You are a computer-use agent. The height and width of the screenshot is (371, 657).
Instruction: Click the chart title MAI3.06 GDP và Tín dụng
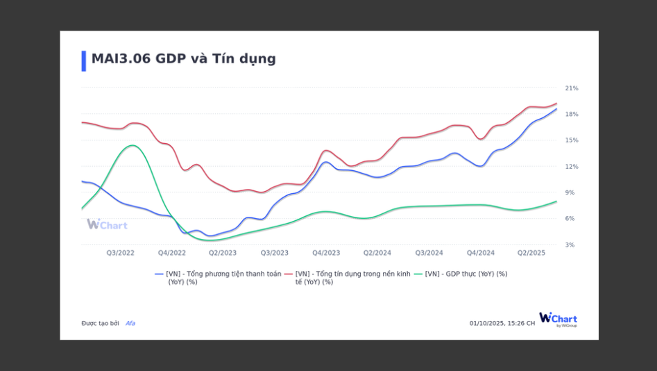pyautogui.click(x=183, y=59)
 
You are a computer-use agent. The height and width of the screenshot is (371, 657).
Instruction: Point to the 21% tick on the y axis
pyautogui.click(x=572, y=88)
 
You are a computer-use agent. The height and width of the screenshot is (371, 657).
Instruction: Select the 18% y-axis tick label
pyautogui.click(x=572, y=114)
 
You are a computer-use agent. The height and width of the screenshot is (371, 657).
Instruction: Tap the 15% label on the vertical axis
pyautogui.click(x=572, y=140)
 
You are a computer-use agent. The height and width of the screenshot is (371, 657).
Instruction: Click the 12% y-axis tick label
pyautogui.click(x=572, y=167)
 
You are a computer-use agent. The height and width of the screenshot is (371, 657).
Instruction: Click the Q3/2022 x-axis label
pyautogui.click(x=120, y=253)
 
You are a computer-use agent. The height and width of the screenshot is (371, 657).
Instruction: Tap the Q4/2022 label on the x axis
pyautogui.click(x=172, y=253)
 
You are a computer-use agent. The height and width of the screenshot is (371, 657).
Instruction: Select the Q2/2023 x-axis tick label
pyautogui.click(x=223, y=253)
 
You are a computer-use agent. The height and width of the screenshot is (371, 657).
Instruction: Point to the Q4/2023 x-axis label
pyautogui.click(x=326, y=253)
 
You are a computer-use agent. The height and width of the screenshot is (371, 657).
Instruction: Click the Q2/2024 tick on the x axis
pyautogui.click(x=377, y=253)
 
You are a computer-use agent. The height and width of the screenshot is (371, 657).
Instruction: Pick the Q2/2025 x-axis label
pyautogui.click(x=531, y=253)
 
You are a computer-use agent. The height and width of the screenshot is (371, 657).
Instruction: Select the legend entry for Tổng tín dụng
pyautogui.click(x=352, y=277)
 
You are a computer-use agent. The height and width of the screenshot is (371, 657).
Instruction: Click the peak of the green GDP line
pyautogui.click(x=132, y=145)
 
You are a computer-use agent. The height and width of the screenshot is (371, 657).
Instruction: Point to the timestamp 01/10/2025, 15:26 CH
pyautogui.click(x=502, y=323)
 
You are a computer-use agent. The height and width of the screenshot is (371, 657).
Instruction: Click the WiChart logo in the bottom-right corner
pyautogui.click(x=558, y=320)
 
